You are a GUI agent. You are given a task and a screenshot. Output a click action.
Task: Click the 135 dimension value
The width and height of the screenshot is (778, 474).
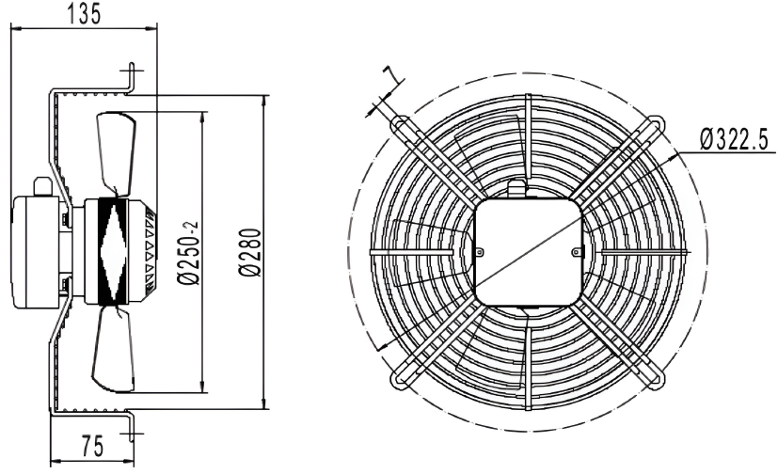tap(84, 13)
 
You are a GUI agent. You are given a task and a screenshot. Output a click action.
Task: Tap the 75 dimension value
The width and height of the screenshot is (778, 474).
tap(93, 446)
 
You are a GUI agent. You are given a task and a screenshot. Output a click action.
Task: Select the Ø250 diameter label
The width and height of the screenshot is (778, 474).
tap(188, 253)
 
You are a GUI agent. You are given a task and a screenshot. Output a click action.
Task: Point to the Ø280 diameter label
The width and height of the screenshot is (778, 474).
tap(249, 252)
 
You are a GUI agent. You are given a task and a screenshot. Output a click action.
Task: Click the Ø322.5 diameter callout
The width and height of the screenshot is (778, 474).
tap(734, 139)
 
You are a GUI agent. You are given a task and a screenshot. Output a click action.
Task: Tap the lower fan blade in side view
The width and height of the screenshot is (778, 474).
tap(114, 349)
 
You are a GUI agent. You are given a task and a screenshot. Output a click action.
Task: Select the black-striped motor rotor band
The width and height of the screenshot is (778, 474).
tap(113, 251)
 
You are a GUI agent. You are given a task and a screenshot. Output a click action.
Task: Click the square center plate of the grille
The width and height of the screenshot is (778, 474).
tap(528, 252)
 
